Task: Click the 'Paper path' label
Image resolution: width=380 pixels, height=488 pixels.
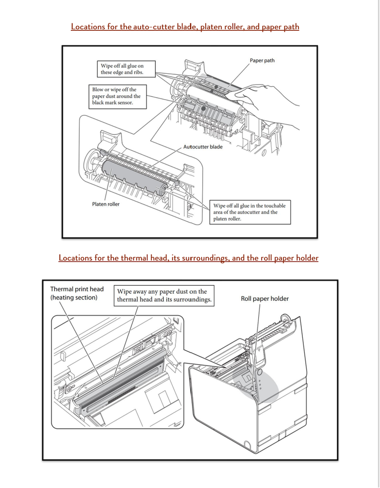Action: [x=262, y=61]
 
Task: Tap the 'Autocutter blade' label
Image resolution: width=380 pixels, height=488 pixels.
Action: [x=203, y=147]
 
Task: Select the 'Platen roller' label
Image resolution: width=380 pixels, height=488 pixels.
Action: [x=106, y=204]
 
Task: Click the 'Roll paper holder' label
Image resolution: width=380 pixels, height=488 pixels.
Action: [x=265, y=299]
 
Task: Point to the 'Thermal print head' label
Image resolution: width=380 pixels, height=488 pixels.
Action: [x=77, y=289]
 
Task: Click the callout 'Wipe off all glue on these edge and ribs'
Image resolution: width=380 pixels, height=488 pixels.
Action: [x=126, y=69]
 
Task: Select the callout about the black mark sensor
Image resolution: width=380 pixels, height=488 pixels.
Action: [x=117, y=97]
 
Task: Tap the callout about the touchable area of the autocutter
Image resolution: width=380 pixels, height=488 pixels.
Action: [x=250, y=212]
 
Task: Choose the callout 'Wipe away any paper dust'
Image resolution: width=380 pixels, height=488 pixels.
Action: [x=164, y=296]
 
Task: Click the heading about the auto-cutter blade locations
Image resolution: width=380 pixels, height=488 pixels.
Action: [x=185, y=27]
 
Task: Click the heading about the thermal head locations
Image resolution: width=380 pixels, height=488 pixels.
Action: [x=189, y=258]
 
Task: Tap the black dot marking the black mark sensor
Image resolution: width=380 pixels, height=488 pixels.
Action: [x=203, y=108]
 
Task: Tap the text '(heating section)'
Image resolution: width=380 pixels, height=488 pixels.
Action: [x=74, y=297]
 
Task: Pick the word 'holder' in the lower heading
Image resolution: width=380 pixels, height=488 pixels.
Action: [x=307, y=258]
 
